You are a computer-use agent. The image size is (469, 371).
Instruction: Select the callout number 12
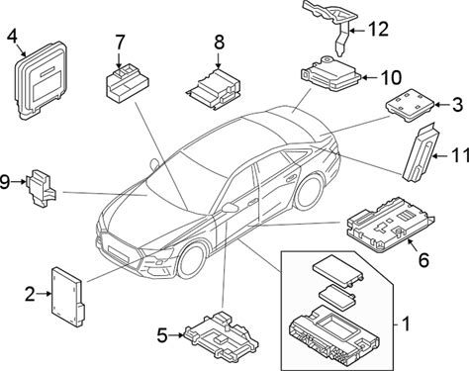click(x=379, y=30)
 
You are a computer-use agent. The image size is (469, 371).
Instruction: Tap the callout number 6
click(x=423, y=260)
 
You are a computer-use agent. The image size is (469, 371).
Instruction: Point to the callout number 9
click(x=5, y=182)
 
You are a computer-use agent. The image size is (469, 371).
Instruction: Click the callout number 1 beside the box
click(x=406, y=324)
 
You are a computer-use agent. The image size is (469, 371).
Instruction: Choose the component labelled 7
click(x=127, y=81)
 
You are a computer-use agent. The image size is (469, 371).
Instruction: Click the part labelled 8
click(x=214, y=88)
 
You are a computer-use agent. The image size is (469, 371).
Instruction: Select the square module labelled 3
click(x=410, y=105)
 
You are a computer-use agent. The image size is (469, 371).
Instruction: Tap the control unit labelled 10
click(x=330, y=74)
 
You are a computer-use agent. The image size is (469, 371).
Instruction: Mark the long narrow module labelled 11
click(x=420, y=152)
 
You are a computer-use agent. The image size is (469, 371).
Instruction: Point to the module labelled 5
click(x=222, y=334)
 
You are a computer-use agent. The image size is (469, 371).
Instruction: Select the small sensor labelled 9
click(x=42, y=188)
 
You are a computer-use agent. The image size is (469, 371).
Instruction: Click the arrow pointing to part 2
click(x=44, y=294)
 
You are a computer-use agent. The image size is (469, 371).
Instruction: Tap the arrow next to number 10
click(x=369, y=77)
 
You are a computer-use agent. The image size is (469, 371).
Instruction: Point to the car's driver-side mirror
click(x=231, y=208)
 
